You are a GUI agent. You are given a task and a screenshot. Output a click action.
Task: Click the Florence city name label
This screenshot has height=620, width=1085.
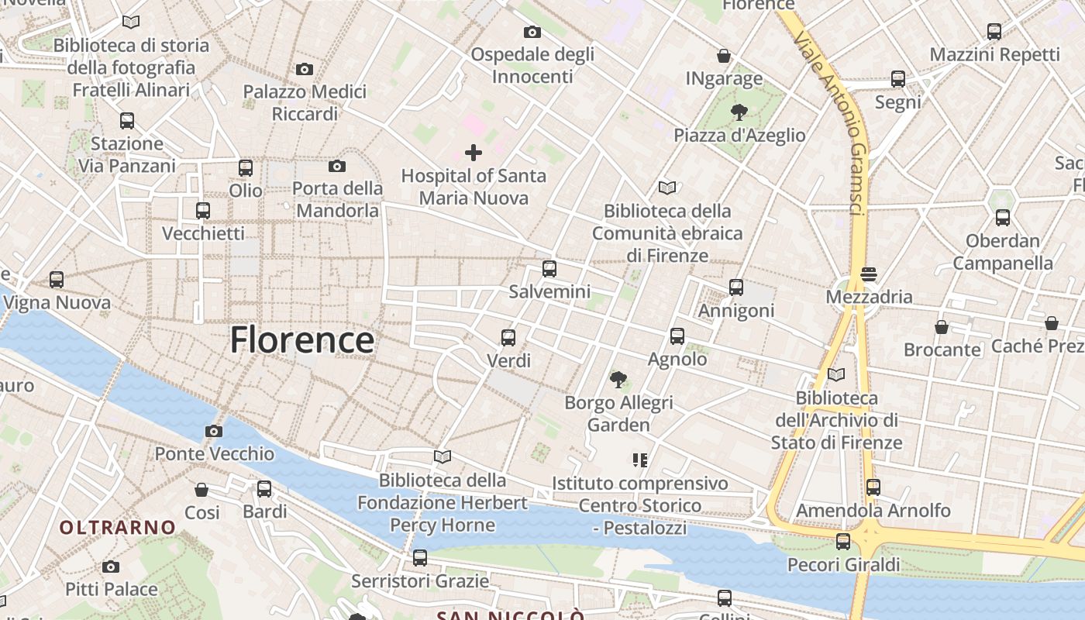[x=302, y=340]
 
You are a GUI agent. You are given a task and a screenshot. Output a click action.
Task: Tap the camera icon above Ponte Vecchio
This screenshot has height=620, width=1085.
[x=214, y=431]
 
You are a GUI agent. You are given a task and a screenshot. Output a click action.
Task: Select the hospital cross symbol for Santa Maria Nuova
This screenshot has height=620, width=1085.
[x=473, y=153]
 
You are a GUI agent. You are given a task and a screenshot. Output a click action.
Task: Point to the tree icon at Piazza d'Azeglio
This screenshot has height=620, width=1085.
[x=739, y=112]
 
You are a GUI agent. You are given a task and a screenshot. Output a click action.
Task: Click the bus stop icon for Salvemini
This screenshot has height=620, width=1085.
[x=549, y=269]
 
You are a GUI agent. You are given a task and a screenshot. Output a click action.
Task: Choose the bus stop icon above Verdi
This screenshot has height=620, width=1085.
[x=508, y=338]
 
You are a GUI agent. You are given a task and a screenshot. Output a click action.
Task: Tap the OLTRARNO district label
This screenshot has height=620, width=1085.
[x=118, y=528]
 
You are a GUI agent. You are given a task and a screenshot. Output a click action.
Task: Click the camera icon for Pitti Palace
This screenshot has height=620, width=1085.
[x=111, y=567]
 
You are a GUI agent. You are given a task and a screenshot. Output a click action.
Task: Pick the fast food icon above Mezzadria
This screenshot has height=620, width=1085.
[x=868, y=274]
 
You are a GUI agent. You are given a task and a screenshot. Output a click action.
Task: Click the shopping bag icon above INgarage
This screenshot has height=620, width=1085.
[x=724, y=56]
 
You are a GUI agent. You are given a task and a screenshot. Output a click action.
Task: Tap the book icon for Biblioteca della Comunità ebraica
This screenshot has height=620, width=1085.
[x=667, y=188]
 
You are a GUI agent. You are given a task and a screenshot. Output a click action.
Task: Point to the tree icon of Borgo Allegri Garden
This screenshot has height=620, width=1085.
[x=618, y=379]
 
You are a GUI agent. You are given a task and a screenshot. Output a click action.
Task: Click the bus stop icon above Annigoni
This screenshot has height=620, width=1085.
[x=736, y=288]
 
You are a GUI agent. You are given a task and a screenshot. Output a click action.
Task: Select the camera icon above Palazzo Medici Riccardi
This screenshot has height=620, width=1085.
[x=305, y=69]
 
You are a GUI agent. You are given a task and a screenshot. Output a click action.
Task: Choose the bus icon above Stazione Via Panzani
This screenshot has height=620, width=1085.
[x=127, y=121]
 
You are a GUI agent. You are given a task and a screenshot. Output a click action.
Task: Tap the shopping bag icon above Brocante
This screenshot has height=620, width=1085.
[x=942, y=327]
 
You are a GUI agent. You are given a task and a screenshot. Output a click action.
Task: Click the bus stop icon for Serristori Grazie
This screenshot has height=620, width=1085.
[x=420, y=558]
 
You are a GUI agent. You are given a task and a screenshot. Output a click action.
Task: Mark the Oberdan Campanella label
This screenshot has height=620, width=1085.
[x=1003, y=252]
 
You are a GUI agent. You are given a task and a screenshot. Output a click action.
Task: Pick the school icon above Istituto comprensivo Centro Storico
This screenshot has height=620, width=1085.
[x=640, y=460]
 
